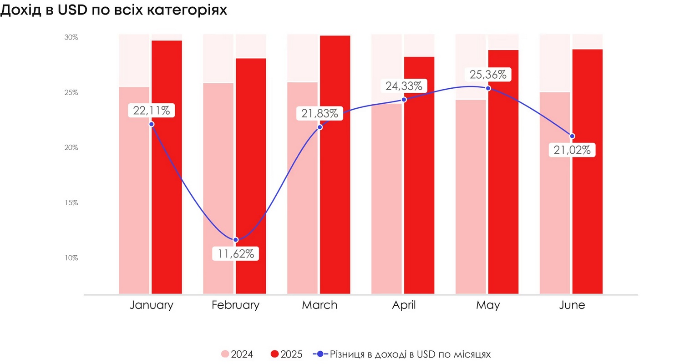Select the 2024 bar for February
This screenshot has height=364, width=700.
point(218,191)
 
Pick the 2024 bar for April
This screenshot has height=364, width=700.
point(386,200)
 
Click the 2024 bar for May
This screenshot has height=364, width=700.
point(471,200)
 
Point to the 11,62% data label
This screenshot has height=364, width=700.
point(236,253)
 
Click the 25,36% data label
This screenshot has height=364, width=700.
point(488,75)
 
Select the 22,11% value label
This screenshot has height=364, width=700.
point(152,110)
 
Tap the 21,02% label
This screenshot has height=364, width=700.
point(572,150)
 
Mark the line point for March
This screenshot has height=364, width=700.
point(320,127)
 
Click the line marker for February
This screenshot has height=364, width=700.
point(236,240)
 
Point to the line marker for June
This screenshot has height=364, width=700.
point(572,136)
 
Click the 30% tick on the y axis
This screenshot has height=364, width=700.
point(71,37)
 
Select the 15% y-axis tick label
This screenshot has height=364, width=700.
point(71,202)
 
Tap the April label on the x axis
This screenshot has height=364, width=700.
point(404,305)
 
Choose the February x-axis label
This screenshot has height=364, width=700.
point(235,305)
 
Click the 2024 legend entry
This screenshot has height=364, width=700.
point(237,354)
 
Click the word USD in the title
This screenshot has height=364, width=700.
point(72,10)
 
